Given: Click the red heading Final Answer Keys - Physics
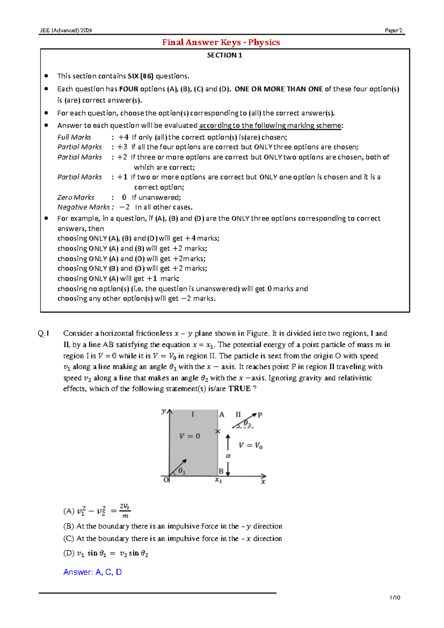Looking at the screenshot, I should pyautogui.click(x=221, y=42).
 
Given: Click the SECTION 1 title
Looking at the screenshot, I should pyautogui.click(x=224, y=55).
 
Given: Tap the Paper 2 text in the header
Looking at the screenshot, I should pyautogui.click(x=393, y=30).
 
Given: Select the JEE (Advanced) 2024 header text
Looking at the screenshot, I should pyautogui.click(x=66, y=30).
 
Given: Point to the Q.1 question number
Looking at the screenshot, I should pyautogui.click(x=43, y=334).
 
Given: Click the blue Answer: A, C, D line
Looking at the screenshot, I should pyautogui.click(x=92, y=572).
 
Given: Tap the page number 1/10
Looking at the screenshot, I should pyautogui.click(x=395, y=598).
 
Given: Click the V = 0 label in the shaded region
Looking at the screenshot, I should pyautogui.click(x=189, y=436).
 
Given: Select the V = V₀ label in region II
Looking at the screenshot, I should pyautogui.click(x=250, y=445).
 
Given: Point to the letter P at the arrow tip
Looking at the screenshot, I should pyautogui.click(x=260, y=415).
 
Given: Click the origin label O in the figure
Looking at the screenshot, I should pyautogui.click(x=166, y=480).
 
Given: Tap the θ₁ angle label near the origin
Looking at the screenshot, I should pyautogui.click(x=182, y=471).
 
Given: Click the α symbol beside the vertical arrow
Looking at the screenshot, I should pyautogui.click(x=228, y=456).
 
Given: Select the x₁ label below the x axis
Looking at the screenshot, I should pyautogui.click(x=219, y=481).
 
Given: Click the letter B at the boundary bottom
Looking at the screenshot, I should pyautogui.click(x=221, y=471).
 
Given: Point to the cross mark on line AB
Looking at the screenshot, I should pyautogui.click(x=218, y=431).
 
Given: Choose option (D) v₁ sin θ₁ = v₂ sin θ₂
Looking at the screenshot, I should pyautogui.click(x=106, y=554).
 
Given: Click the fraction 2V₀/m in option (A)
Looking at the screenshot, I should pyautogui.click(x=125, y=511).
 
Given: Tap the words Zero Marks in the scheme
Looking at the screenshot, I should pyautogui.click(x=76, y=197).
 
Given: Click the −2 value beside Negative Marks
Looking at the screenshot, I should pyautogui.click(x=125, y=207).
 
